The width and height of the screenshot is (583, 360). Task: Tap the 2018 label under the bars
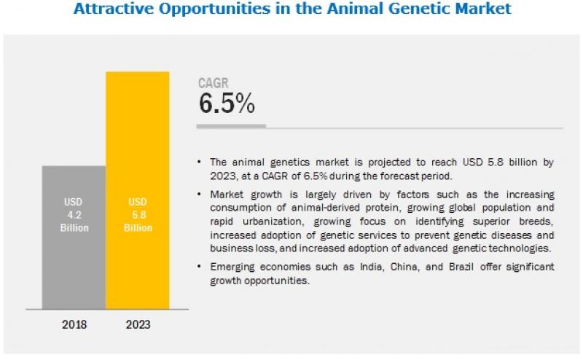tap(74, 324)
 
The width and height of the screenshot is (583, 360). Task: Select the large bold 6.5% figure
tap(227, 103)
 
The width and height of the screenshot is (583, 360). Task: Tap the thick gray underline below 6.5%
tap(231, 126)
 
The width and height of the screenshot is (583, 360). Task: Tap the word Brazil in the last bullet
tap(453, 267)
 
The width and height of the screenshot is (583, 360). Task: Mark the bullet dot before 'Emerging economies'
tap(199, 267)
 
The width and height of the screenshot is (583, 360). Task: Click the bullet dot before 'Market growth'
tap(199, 195)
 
